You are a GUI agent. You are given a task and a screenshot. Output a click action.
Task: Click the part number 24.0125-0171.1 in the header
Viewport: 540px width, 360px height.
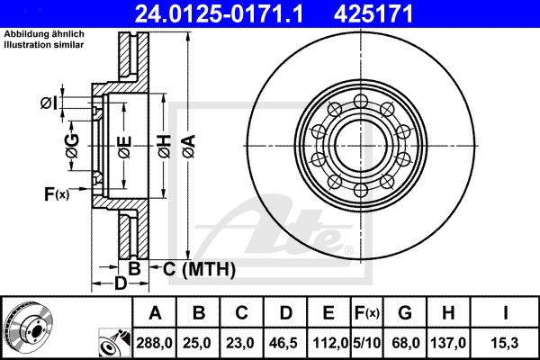(x=219, y=13)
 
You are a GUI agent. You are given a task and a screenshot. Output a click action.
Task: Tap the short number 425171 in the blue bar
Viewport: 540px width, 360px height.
(x=373, y=13)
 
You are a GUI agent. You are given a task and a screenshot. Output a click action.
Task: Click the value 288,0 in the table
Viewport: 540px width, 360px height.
(x=154, y=343)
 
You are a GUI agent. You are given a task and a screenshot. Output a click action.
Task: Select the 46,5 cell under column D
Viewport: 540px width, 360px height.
(x=284, y=343)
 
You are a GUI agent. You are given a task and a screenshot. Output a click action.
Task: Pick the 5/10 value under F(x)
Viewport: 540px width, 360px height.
(x=367, y=343)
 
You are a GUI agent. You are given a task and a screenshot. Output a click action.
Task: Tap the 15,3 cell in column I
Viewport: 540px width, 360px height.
(x=504, y=343)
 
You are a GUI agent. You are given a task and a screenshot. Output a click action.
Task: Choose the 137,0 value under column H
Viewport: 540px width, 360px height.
(x=448, y=343)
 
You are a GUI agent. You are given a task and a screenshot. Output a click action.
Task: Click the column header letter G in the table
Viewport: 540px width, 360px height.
(x=405, y=313)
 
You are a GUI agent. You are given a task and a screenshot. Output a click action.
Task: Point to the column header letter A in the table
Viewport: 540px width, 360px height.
(x=155, y=313)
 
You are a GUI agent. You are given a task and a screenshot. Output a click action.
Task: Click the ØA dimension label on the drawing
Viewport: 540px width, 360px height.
(x=189, y=147)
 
